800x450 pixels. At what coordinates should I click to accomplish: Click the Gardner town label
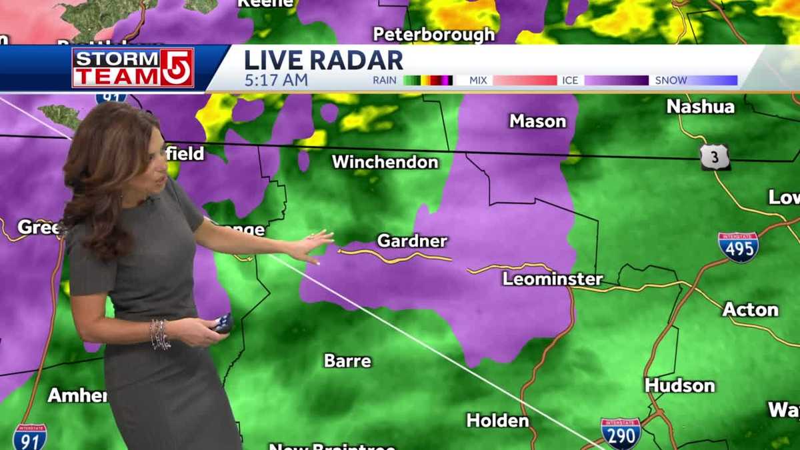point(412,241)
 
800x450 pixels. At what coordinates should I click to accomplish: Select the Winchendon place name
point(385,162)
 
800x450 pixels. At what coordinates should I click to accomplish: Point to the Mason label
point(537,121)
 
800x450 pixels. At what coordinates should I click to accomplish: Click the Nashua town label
point(700,107)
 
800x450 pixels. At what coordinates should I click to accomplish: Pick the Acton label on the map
point(750,309)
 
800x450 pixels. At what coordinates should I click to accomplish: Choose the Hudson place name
point(679,385)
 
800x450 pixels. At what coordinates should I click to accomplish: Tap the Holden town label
point(497,421)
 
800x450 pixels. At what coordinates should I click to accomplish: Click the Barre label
point(347,361)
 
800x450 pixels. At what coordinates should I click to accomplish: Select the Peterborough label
point(434,34)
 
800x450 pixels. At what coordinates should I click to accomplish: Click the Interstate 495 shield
point(738,247)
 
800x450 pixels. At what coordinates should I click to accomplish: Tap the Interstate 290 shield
point(621,433)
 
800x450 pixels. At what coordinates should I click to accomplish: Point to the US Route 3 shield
point(715,157)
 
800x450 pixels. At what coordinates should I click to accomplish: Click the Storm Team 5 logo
point(133,68)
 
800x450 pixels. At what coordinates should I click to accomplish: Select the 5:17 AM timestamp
point(276,81)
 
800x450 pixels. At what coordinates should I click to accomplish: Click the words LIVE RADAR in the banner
point(323,60)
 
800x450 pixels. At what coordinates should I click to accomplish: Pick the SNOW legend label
point(671,80)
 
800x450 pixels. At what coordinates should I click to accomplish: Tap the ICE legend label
point(570,80)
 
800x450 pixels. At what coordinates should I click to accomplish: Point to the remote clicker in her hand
point(222,323)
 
